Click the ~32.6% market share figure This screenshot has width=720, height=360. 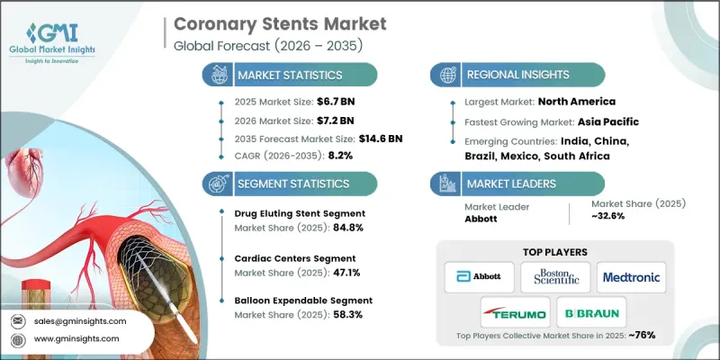(x=613, y=219)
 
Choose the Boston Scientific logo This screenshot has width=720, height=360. (x=557, y=276)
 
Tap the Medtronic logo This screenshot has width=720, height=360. (x=634, y=276)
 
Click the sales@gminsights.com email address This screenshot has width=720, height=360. (x=81, y=320)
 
